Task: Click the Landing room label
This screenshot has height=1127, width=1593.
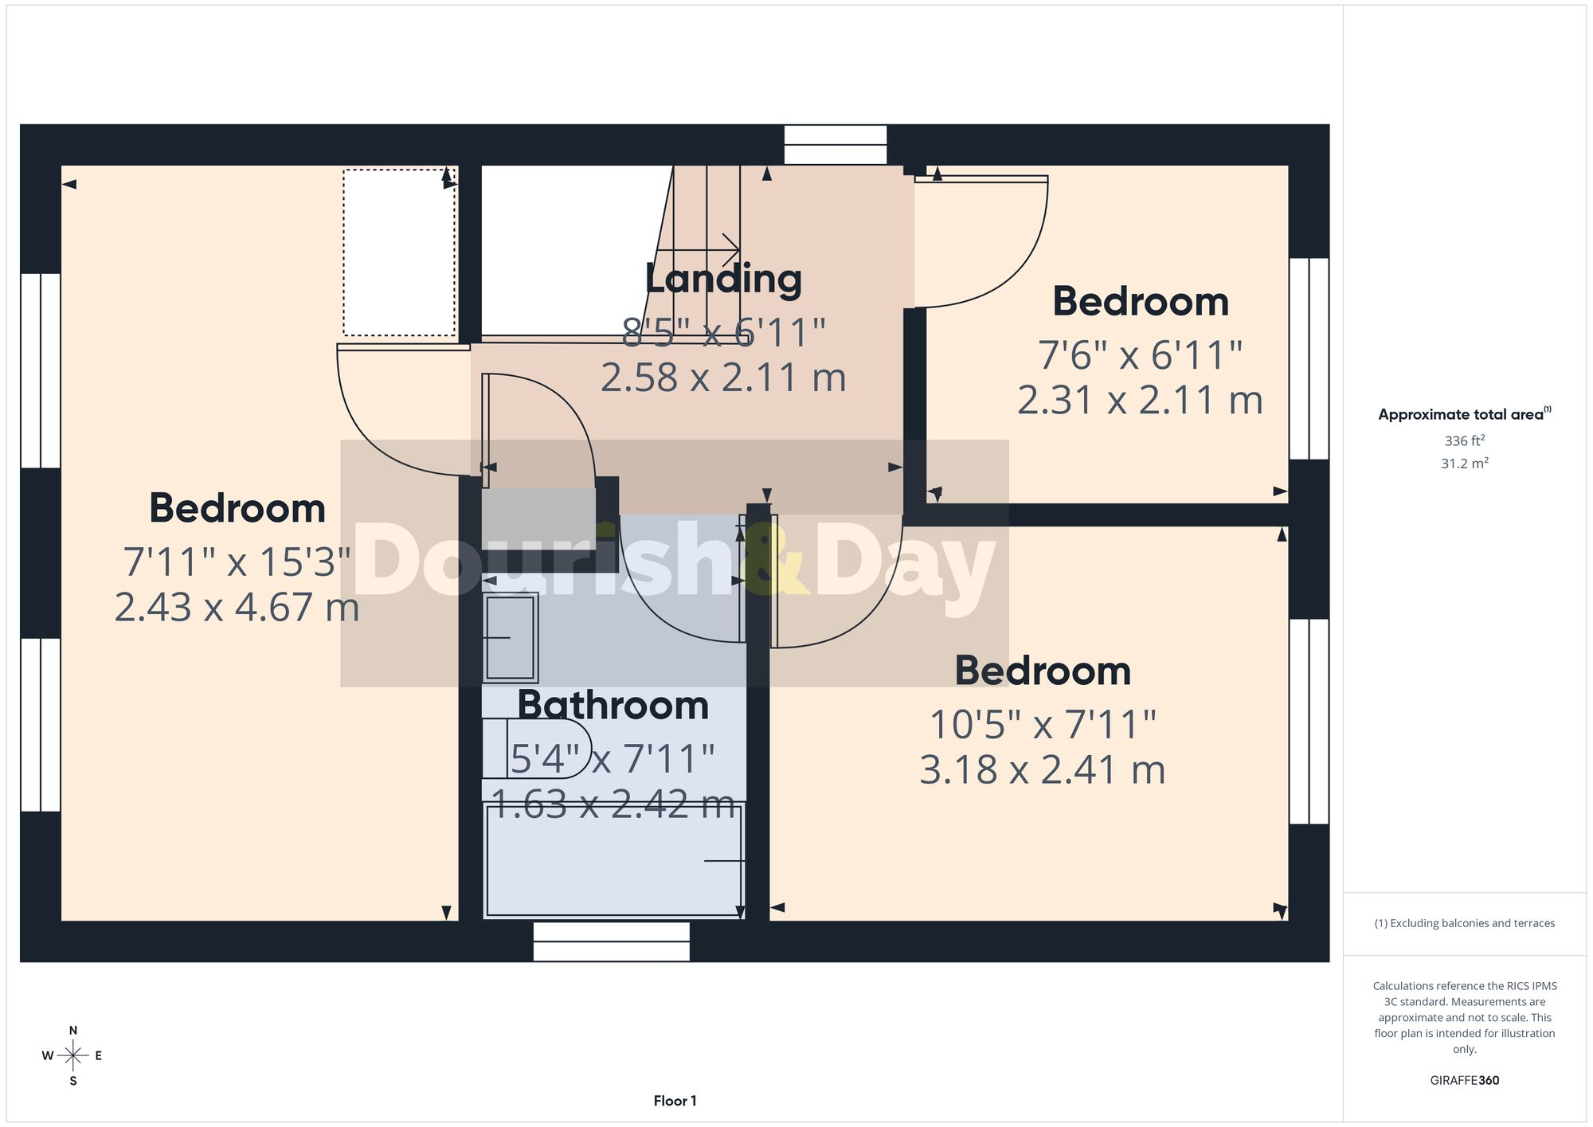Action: [723, 280]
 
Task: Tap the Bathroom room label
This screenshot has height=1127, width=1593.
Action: [613, 706]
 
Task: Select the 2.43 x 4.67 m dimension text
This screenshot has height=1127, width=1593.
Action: [237, 607]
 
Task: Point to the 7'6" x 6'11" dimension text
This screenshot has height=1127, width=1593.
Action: [1140, 355]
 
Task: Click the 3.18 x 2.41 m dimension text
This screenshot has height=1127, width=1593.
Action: [1043, 770]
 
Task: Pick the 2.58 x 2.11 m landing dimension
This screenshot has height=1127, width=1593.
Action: [723, 378]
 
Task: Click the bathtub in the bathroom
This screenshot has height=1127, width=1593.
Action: [614, 860]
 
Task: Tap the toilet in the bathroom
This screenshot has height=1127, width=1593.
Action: [536, 749]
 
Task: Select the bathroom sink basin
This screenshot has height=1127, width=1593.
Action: [511, 637]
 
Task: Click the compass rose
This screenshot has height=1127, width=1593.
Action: [72, 1056]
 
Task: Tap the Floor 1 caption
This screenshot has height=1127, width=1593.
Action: [675, 1101]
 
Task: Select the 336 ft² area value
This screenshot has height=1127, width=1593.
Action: [1464, 440]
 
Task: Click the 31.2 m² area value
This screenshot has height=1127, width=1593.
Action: [1464, 463]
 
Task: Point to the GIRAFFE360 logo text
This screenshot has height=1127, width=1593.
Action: [1464, 1081]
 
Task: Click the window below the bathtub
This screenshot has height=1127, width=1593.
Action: [612, 941]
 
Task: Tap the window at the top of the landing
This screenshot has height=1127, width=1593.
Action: [836, 145]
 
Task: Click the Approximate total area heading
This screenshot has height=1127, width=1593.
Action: [1464, 413]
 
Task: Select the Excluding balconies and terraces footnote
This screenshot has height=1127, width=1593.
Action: [1464, 923]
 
